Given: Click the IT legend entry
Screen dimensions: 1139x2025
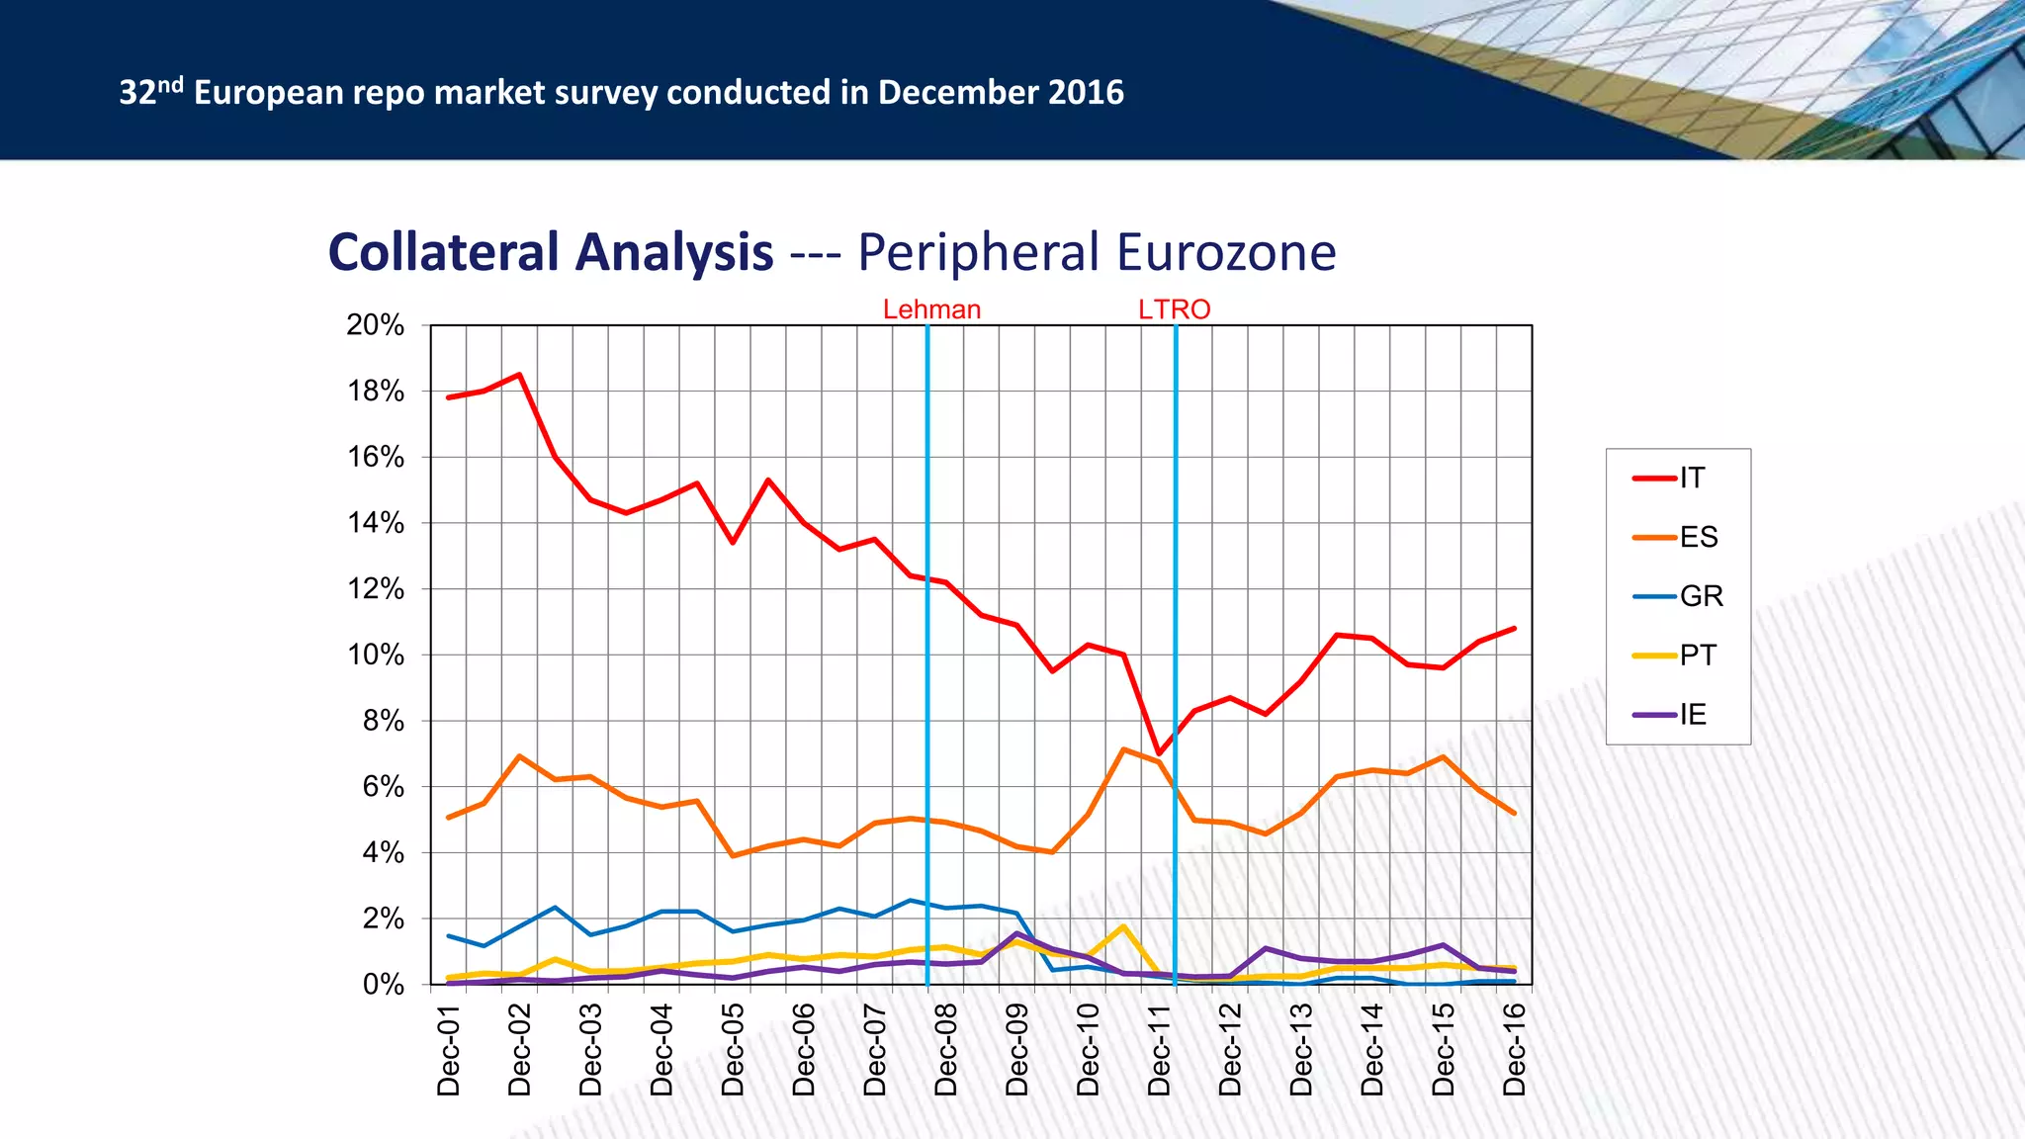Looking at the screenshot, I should [x=1678, y=479].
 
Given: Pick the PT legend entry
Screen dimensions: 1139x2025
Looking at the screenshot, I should [x=1678, y=656].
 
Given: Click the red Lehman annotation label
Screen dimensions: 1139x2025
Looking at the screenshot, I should [x=931, y=309].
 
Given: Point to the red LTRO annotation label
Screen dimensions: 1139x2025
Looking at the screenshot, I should [x=1174, y=309].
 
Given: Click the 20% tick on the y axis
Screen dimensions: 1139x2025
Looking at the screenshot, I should [x=376, y=325].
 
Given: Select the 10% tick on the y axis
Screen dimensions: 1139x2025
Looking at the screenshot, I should [x=376, y=656].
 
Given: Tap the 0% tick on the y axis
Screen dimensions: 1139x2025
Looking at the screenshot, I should [x=384, y=985].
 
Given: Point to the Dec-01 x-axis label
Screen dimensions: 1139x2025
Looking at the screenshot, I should [x=449, y=1049].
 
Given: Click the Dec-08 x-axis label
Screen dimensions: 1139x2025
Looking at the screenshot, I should [x=946, y=1049].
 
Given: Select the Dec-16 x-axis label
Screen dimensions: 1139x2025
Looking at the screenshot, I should [x=1515, y=1049].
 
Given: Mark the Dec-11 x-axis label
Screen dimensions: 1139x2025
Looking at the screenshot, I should [x=1160, y=1049].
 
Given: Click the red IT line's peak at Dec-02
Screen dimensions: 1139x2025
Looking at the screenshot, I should [x=520, y=375].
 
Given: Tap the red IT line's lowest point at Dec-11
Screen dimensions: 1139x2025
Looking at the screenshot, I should [x=1159, y=753].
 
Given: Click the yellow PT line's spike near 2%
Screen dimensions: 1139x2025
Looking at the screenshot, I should [x=1123, y=926].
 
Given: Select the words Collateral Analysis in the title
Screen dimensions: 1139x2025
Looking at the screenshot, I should [x=551, y=252].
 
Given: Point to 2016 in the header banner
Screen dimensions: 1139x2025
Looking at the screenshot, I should [x=1086, y=92].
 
